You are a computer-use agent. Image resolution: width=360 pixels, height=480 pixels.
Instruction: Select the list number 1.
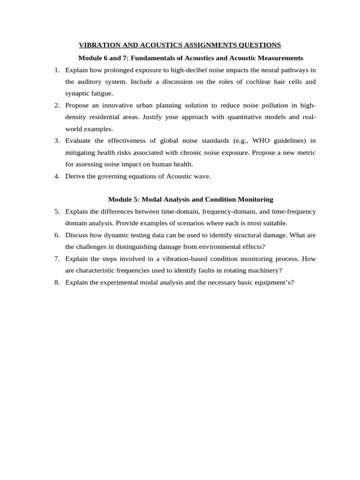tap(57, 70)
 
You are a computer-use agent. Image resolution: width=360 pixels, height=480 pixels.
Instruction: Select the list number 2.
tap(57, 105)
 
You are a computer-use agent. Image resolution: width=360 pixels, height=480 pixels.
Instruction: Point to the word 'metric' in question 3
tap(305, 153)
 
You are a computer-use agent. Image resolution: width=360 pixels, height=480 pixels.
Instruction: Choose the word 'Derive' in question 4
tap(76, 176)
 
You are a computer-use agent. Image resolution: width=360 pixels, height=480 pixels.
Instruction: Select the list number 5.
tap(57, 211)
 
